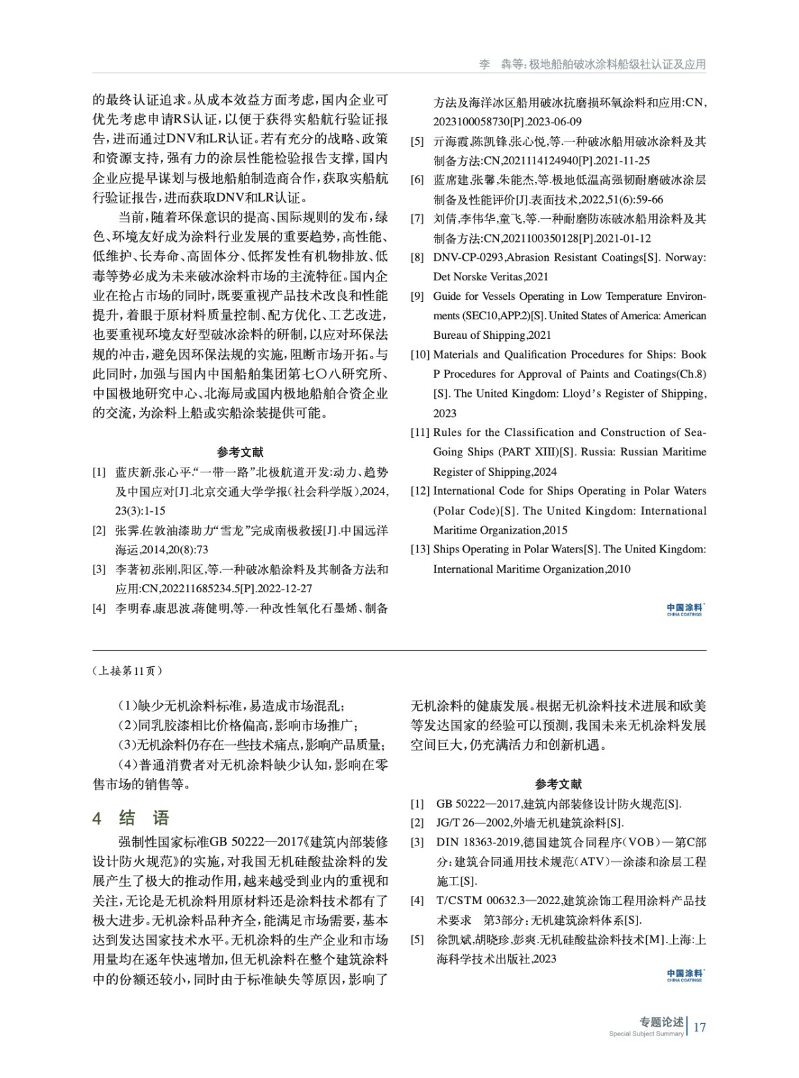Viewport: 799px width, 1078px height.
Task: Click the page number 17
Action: point(699,1027)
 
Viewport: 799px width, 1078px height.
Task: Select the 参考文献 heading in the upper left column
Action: point(240,452)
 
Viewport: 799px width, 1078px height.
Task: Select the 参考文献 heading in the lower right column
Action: point(558,784)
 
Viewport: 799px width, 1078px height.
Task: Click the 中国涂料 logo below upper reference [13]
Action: point(685,609)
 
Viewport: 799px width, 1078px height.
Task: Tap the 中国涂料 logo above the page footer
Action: point(685,975)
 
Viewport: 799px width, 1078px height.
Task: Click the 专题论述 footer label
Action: point(661,1022)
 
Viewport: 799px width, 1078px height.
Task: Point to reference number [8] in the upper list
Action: point(417,257)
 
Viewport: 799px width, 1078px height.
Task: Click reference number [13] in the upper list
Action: point(420,549)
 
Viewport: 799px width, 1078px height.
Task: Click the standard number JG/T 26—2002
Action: point(472,823)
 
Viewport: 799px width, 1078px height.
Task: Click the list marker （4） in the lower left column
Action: point(128,765)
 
